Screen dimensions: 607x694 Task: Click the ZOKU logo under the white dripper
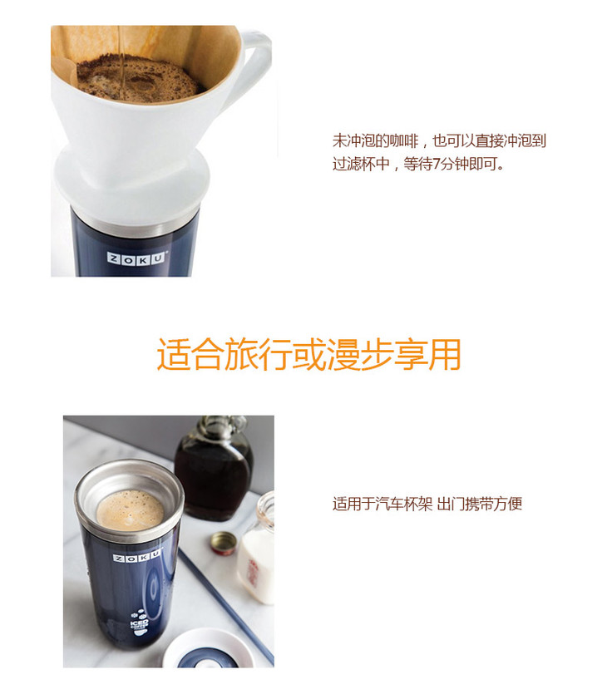tap(137, 258)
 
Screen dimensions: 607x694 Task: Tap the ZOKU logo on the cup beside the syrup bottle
tap(137, 557)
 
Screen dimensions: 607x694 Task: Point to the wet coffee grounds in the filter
tap(137, 80)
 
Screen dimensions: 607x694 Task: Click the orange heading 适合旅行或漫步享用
tap(309, 354)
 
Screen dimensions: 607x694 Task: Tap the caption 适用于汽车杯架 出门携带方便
tap(427, 504)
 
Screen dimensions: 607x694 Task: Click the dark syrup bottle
tap(214, 469)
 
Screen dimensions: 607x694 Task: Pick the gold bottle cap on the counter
tap(224, 543)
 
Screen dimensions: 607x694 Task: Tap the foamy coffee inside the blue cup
tap(131, 510)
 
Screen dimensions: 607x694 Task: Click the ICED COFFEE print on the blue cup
tap(140, 623)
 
